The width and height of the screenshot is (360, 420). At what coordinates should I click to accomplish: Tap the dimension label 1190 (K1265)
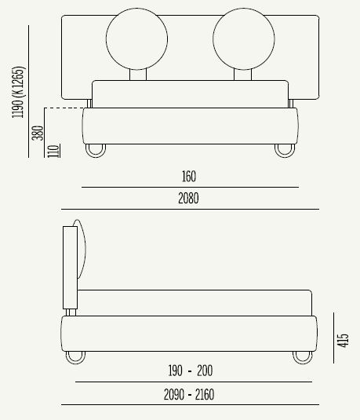tap(19, 92)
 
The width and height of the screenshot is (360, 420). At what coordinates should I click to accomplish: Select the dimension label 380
tap(38, 133)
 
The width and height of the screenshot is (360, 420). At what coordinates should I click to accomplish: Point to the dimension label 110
tap(53, 149)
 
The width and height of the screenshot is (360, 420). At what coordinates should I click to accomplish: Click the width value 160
tap(188, 177)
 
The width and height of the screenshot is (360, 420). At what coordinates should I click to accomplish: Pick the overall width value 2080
tap(188, 199)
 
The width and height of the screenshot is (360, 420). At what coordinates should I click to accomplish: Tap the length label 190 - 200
tap(191, 371)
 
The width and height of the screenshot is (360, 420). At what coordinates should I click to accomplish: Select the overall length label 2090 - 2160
tap(191, 393)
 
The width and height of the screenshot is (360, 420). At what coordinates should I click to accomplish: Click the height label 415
tap(344, 339)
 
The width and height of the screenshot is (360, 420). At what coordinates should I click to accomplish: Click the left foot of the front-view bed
tap(95, 151)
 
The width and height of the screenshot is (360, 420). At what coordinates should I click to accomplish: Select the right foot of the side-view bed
tap(302, 357)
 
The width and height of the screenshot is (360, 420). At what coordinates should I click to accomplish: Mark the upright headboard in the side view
tap(70, 267)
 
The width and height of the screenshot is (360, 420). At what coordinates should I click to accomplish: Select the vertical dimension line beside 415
tap(333, 338)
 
